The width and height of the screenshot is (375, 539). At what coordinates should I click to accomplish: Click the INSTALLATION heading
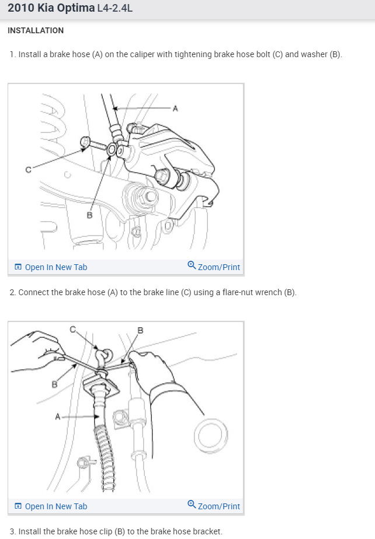coord(36,30)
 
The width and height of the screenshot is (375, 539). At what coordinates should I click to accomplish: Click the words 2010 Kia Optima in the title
coord(51,8)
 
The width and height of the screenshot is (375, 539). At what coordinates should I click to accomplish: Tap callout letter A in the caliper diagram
coord(175,108)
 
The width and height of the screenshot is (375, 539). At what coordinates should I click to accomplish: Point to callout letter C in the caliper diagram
coord(28,170)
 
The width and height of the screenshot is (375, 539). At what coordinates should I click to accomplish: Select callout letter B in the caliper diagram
coord(89,215)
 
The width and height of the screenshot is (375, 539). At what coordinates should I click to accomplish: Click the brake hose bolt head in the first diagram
coord(85,142)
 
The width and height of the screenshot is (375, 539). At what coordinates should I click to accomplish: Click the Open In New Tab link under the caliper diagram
coord(51,267)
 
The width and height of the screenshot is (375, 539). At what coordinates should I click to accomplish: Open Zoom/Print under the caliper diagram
coord(214,267)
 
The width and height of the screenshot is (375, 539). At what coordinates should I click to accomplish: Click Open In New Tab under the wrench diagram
coord(51,506)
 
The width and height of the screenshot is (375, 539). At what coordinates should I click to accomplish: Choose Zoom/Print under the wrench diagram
coord(214,506)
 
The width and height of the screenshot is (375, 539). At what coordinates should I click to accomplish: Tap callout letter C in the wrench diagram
coord(72,330)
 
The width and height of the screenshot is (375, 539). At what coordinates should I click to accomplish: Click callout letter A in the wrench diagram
coord(57,416)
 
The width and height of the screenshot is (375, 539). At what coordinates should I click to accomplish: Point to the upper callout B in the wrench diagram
coord(140,330)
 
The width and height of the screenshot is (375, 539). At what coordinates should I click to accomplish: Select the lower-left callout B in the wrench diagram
coord(54,384)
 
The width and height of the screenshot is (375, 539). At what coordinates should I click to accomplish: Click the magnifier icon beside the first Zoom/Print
coord(192,265)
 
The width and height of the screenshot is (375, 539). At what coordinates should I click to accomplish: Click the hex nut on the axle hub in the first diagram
coord(150,196)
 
